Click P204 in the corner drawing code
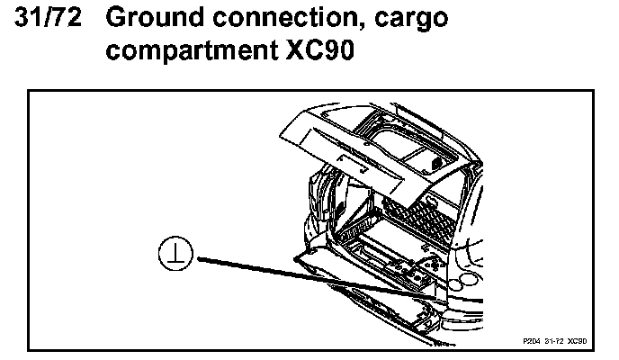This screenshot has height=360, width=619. point(530,343)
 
